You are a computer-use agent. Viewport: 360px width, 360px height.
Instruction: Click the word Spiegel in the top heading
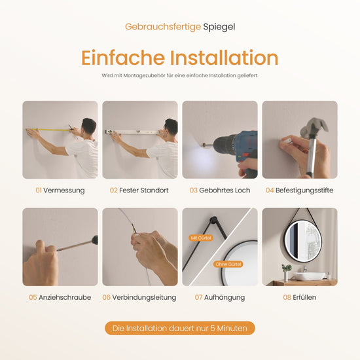tap(219, 27)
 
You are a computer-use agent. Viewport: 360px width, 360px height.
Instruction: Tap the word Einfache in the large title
tap(123, 58)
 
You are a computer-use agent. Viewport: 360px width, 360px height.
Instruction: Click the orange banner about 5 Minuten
tap(180, 328)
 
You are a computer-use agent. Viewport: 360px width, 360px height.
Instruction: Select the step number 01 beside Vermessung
tap(39, 190)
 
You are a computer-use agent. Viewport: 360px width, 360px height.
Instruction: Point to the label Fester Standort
tap(144, 190)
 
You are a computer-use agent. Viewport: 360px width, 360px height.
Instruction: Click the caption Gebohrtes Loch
tap(225, 190)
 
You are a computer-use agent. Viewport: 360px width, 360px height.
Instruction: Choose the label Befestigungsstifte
tap(304, 190)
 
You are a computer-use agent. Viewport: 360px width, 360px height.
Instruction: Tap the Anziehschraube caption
tap(65, 297)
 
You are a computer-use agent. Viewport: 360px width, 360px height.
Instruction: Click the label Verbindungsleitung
tap(144, 298)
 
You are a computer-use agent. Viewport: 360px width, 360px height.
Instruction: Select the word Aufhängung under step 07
tap(225, 298)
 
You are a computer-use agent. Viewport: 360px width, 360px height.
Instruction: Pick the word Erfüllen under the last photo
tap(304, 297)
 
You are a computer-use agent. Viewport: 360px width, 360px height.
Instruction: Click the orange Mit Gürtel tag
tap(201, 238)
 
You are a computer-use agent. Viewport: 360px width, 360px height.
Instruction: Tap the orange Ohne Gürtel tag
tap(228, 264)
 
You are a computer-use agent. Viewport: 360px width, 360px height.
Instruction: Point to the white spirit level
tap(132, 132)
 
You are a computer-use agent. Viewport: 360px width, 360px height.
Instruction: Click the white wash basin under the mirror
tap(309, 276)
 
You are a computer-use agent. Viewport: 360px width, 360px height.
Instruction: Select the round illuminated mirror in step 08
tap(303, 242)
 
